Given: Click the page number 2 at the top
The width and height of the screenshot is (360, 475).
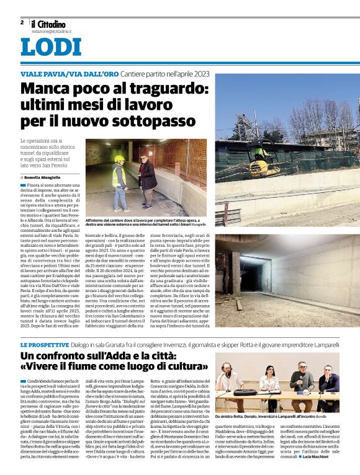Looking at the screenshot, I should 22,22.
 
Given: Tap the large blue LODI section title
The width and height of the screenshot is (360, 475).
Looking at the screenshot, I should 51,48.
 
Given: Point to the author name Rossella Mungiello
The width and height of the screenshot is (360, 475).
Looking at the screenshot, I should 47,176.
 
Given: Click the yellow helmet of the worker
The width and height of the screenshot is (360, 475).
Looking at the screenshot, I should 119,159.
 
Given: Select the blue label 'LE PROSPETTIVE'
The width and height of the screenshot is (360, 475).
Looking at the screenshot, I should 43,344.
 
